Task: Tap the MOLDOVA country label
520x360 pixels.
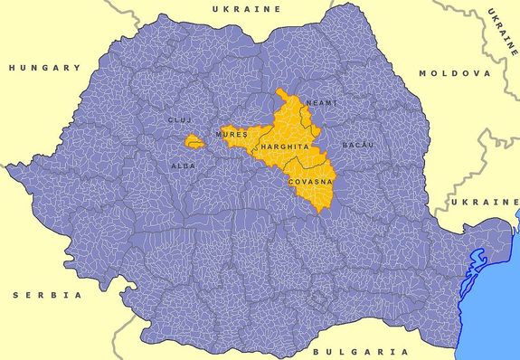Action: point(454,73)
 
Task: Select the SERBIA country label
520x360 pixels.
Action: point(48,296)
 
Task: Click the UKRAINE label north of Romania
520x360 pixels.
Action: point(246,8)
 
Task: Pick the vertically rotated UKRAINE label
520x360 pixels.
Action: point(500,31)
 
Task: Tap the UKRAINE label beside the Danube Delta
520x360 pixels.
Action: point(487,201)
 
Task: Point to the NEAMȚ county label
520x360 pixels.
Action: point(321,103)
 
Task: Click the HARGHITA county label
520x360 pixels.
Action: point(286,146)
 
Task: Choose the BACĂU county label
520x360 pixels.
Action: point(357,145)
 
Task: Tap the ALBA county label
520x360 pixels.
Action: point(183,166)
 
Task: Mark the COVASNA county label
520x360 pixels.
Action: point(309,182)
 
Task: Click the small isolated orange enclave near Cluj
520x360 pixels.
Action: point(192,141)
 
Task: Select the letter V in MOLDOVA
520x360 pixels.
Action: point(477,73)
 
